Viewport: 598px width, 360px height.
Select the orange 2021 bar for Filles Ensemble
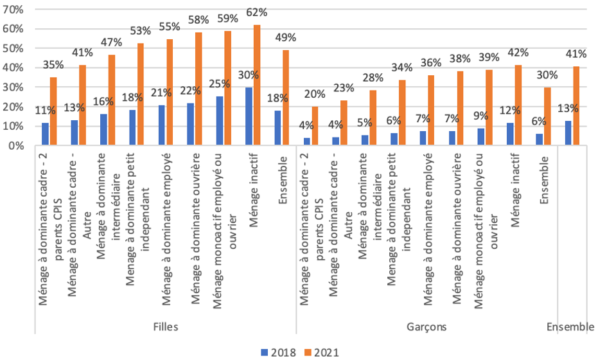286,98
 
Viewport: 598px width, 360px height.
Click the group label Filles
166,327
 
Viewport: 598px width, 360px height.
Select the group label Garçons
427,327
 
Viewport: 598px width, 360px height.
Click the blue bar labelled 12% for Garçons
511,134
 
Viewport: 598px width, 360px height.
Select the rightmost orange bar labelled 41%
576,106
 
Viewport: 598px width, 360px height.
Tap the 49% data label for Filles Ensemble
286,37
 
